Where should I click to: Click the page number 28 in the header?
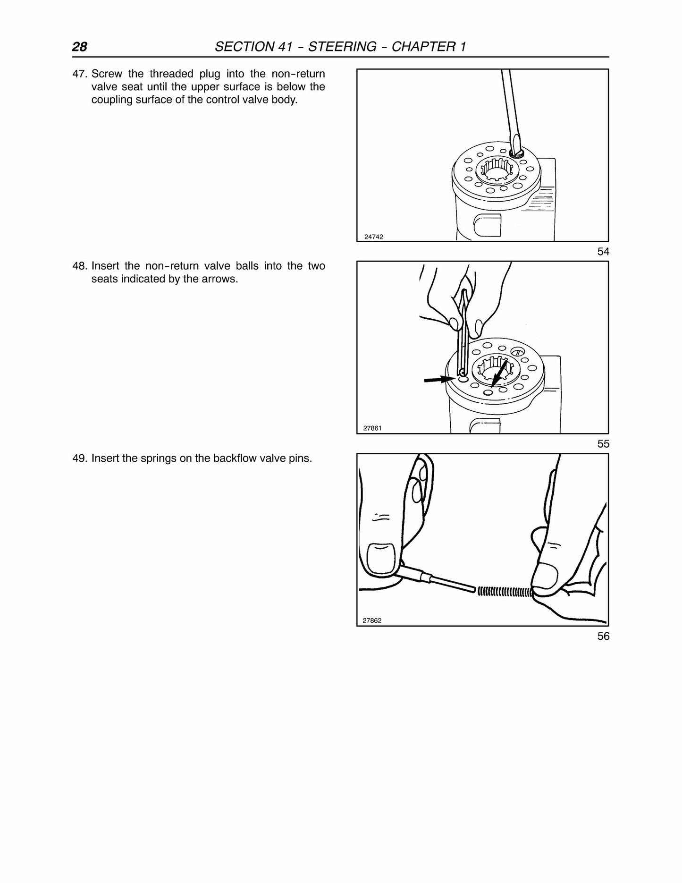point(79,47)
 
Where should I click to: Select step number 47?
point(80,74)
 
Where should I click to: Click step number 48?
point(80,266)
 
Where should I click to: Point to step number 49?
point(80,458)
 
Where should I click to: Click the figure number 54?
point(603,252)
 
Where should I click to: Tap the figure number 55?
point(603,444)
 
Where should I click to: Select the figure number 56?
point(603,636)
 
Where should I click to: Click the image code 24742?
point(374,237)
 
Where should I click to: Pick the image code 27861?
point(372,429)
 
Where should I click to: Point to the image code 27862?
point(372,621)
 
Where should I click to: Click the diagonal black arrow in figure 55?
point(499,374)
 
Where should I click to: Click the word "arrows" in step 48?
point(219,279)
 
